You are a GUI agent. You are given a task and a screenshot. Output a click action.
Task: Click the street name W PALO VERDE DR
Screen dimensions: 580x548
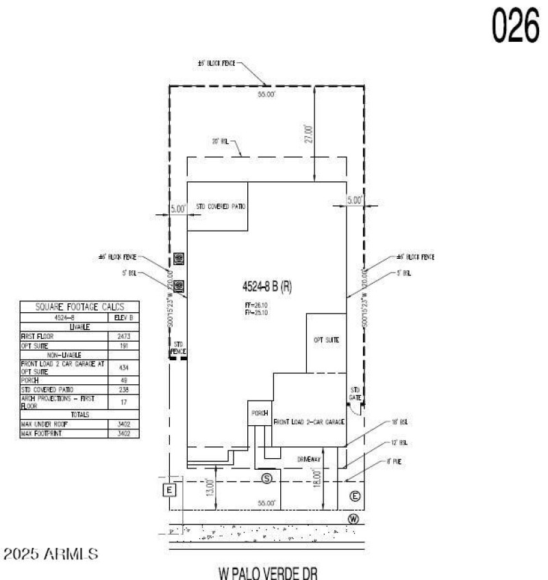coord(268,572)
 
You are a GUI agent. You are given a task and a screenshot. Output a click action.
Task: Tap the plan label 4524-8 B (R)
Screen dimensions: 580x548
coord(268,287)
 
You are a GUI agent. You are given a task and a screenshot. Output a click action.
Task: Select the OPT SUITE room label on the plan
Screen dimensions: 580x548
coord(327,340)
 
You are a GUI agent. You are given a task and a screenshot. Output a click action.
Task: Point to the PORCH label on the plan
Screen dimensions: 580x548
coord(259,413)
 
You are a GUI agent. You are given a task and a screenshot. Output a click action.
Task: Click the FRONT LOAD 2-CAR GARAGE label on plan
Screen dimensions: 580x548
coord(308,423)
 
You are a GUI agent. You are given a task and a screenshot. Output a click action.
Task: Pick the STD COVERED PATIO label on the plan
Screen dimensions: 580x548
coord(221,206)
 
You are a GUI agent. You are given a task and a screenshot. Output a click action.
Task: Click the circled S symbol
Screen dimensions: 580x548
coord(266,477)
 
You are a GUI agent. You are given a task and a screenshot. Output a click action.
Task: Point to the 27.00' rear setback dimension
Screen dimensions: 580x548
coord(309,134)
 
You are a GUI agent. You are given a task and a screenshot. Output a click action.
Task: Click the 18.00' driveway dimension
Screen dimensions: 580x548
coord(316,477)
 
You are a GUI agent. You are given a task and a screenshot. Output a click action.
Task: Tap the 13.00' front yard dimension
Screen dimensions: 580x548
coord(210,487)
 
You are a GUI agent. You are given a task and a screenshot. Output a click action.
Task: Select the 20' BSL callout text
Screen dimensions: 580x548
coord(219,142)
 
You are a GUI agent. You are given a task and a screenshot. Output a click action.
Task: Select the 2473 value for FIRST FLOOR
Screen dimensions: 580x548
coord(124,337)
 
